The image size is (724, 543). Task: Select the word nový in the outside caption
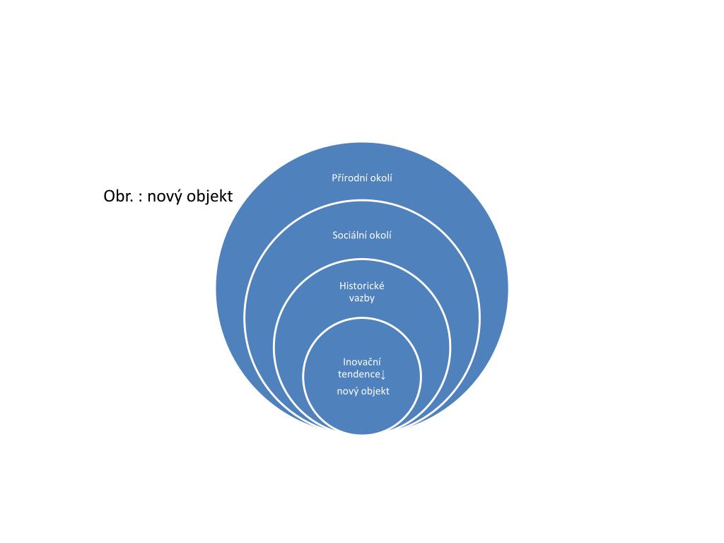pyautogui.click(x=165, y=197)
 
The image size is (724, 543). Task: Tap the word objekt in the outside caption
pyautogui.click(x=209, y=197)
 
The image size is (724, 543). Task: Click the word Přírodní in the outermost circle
pyautogui.click(x=351, y=177)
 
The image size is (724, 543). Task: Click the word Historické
pyautogui.click(x=362, y=286)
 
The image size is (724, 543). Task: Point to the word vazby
pyautogui.click(x=362, y=298)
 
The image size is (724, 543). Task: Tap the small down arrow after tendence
pyautogui.click(x=383, y=374)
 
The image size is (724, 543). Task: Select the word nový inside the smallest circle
pyautogui.click(x=347, y=391)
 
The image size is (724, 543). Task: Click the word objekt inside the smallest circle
pyautogui.click(x=375, y=391)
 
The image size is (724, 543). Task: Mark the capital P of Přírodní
pyautogui.click(x=334, y=177)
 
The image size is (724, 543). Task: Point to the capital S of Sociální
pyautogui.click(x=335, y=235)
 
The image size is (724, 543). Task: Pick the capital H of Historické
pyautogui.click(x=343, y=286)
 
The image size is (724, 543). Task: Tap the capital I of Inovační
pyautogui.click(x=344, y=361)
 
